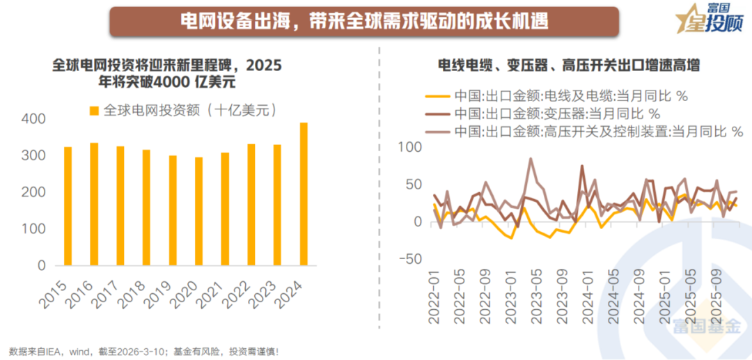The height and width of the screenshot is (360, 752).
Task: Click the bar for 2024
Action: (x=304, y=194)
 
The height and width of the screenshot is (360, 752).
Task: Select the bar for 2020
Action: (x=199, y=212)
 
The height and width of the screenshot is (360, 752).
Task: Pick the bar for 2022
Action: (x=251, y=205)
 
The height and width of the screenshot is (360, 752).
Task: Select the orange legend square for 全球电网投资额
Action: (x=95, y=110)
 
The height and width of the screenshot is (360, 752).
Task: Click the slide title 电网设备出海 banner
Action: (x=363, y=21)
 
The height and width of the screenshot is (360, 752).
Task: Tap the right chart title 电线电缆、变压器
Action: (x=568, y=66)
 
